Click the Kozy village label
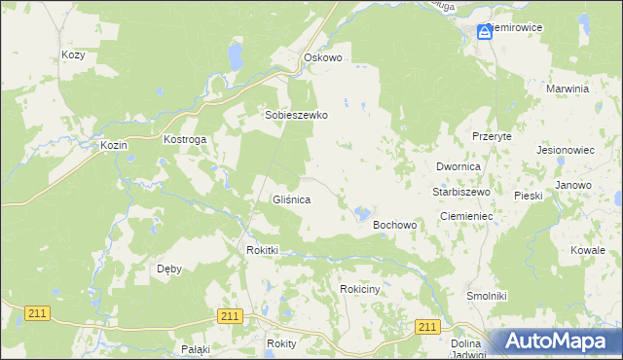[x=73, y=55]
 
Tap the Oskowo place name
[x=323, y=58]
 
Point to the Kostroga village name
[x=185, y=140]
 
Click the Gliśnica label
[x=291, y=199]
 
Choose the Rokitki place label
[x=263, y=250]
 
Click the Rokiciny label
[x=365, y=290]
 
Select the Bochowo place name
[x=395, y=225]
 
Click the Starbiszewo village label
[x=460, y=193]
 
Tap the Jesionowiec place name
[x=566, y=151]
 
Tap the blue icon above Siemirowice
[x=485, y=32]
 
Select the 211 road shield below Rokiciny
[x=426, y=327]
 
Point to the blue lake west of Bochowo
[x=362, y=213]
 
